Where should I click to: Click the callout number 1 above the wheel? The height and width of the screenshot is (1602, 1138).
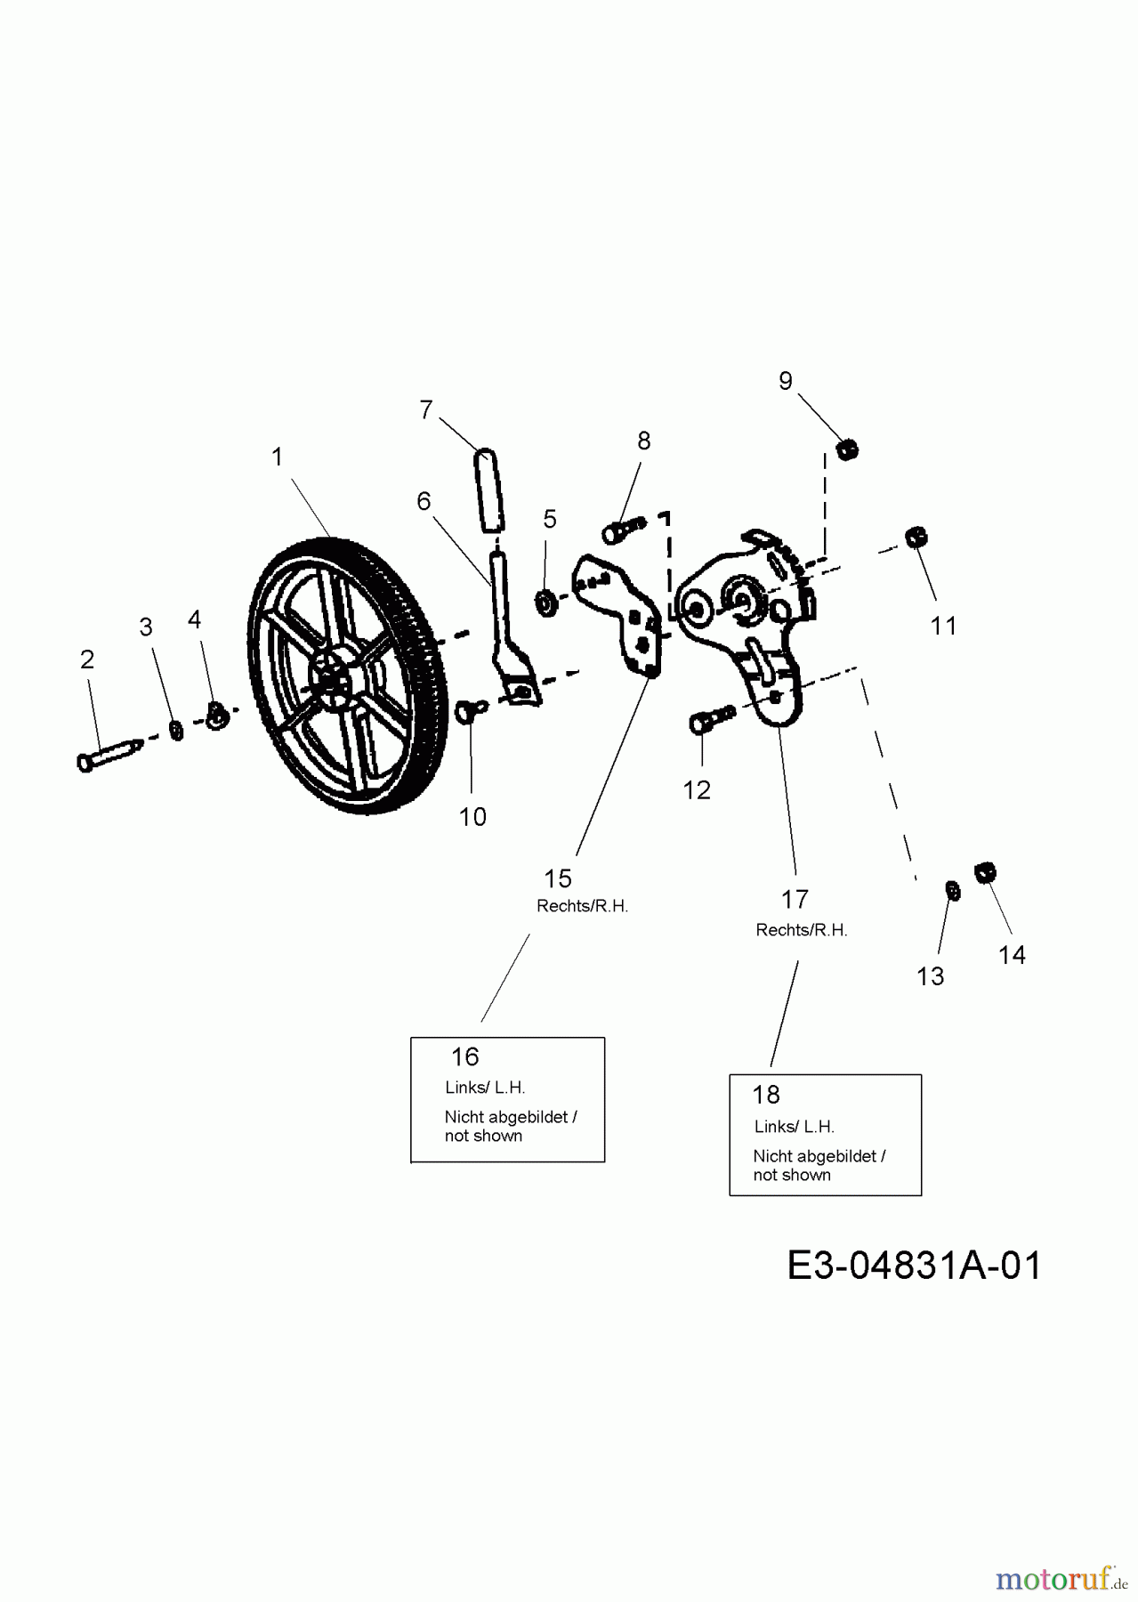pos(277,457)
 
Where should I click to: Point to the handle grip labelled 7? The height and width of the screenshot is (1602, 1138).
pos(488,489)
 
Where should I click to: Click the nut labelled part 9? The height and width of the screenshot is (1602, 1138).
pos(848,449)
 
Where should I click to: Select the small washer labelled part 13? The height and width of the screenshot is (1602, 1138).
pos(950,889)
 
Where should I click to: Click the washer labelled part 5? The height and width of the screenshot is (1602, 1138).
pos(545,603)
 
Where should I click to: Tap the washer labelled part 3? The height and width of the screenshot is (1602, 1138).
pos(176,730)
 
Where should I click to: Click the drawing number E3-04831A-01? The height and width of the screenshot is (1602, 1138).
pos(914,1265)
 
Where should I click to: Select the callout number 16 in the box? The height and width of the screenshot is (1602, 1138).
pos(464,1057)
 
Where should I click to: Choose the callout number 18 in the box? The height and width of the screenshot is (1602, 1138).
pos(766,1095)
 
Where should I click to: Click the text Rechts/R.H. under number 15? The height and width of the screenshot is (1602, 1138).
pos(582,906)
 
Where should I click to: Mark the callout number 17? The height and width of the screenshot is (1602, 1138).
pos(795,900)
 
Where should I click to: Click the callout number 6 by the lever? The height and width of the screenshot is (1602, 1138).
pos(424,502)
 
